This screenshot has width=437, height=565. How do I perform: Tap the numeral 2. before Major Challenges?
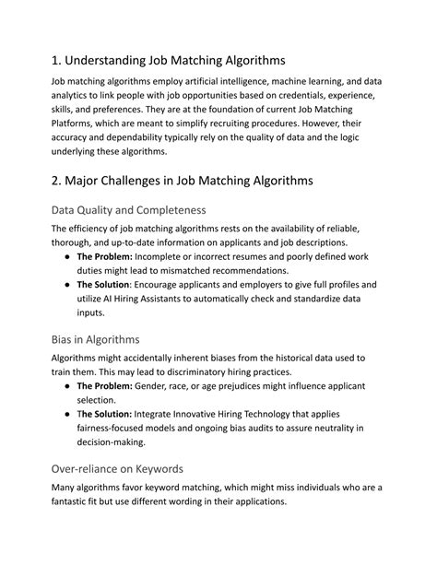click(x=58, y=181)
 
